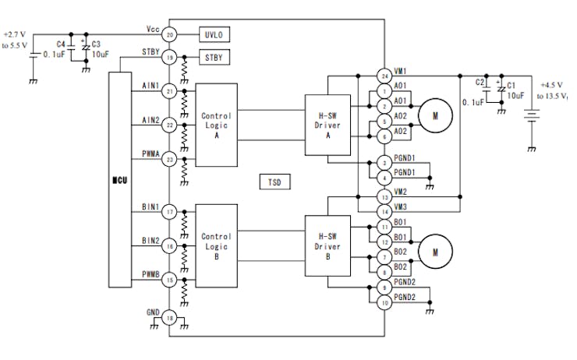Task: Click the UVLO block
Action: (x=214, y=34)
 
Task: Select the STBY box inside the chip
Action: (x=214, y=58)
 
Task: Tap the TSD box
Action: (x=275, y=182)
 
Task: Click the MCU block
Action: (x=120, y=180)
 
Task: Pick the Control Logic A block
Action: (x=217, y=125)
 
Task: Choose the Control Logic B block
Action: (x=217, y=245)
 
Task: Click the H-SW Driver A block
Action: (x=327, y=125)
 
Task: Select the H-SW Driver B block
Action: (x=327, y=245)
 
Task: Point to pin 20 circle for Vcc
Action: (x=170, y=35)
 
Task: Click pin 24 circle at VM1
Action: (x=384, y=76)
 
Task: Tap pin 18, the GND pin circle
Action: (x=170, y=318)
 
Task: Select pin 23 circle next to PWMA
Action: (x=170, y=160)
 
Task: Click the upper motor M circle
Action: (x=435, y=116)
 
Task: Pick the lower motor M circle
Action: (x=435, y=252)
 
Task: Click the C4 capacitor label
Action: (x=61, y=44)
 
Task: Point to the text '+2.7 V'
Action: (x=14, y=34)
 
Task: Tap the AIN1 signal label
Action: (x=150, y=86)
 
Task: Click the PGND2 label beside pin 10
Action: (x=405, y=297)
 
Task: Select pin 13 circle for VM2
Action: (x=384, y=197)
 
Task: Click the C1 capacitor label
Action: (x=512, y=86)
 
